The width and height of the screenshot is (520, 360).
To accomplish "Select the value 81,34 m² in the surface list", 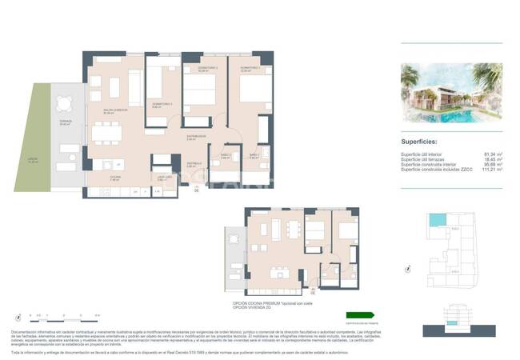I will (494, 154).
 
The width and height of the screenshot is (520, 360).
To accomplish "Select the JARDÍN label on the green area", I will (33, 159).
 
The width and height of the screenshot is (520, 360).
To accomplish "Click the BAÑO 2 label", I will (226, 155).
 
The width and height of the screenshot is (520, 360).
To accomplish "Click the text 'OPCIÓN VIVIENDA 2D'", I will (250, 308).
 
